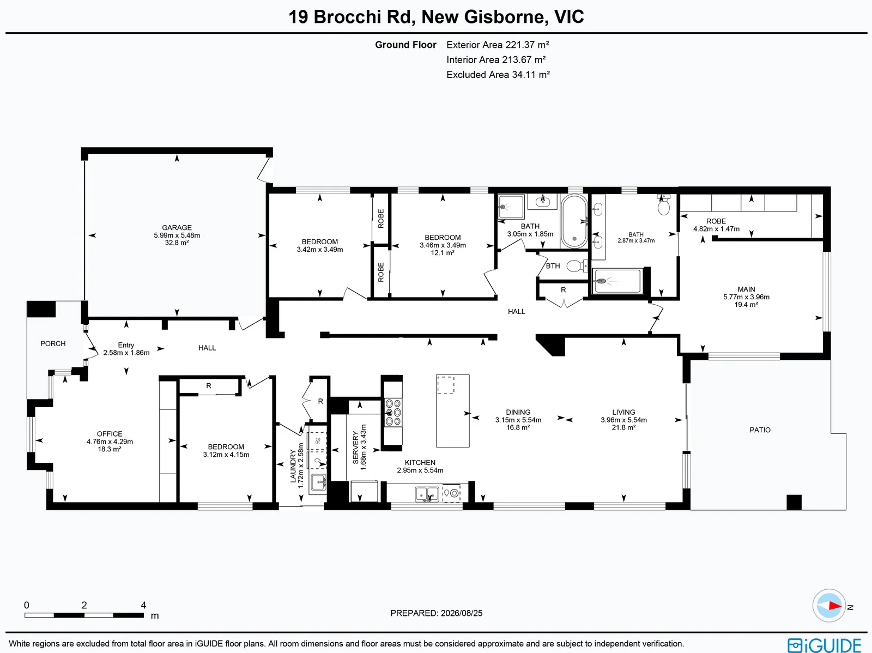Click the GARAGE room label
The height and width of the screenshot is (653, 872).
pos(177,228)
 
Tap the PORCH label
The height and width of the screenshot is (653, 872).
pos(53,343)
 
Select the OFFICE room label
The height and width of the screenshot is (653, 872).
pos(110,434)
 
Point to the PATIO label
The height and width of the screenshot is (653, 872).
pos(760,430)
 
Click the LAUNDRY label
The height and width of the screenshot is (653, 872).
pos(293,466)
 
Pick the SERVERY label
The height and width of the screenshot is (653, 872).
pos(355,448)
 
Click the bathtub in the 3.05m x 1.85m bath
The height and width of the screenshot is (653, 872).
pos(574,222)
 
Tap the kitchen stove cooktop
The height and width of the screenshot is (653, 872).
pos(393,413)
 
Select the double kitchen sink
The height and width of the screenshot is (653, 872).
pos(427,494)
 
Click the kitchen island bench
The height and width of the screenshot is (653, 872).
pos(453,410)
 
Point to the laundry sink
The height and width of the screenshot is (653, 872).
pos(318,483)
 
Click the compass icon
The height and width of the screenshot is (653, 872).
pos(829,606)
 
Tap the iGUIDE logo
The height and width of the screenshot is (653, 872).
pos(825,645)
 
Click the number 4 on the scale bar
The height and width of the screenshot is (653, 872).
pos(143,605)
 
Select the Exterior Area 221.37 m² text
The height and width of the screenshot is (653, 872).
pos(498,45)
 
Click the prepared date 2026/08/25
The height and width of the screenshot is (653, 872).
pos(462,613)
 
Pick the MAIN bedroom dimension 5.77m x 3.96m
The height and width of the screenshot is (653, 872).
pos(747,297)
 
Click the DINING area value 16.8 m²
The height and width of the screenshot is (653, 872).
pos(518,427)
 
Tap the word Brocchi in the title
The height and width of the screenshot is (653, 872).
pos(348,17)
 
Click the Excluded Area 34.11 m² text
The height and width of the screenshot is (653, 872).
pos(498,75)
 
